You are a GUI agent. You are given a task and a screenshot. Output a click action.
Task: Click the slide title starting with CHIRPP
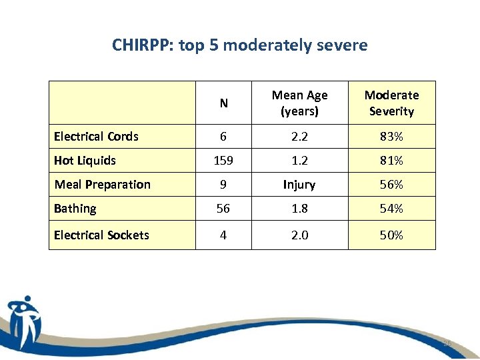click(x=240, y=45)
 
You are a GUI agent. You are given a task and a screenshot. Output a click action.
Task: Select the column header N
click(x=223, y=103)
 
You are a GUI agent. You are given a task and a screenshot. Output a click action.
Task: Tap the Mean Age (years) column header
click(x=299, y=103)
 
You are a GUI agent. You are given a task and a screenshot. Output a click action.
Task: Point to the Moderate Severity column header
click(x=391, y=103)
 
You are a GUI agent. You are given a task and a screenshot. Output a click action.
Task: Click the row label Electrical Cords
click(x=96, y=137)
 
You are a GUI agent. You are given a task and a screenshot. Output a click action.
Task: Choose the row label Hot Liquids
click(x=85, y=161)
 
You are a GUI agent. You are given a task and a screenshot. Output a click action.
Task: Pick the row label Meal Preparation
click(x=102, y=185)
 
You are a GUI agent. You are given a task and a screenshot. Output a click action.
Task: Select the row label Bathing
click(x=75, y=209)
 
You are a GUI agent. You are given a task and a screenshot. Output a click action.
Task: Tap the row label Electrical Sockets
click(x=101, y=235)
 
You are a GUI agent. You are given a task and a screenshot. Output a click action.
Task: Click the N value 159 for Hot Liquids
click(x=223, y=161)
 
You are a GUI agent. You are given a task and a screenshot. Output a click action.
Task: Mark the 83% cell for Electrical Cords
click(x=391, y=137)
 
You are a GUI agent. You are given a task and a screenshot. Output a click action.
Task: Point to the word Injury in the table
click(x=299, y=185)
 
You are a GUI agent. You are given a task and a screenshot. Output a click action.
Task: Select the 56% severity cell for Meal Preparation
click(x=391, y=185)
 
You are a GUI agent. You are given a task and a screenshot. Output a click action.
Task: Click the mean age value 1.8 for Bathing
click(x=299, y=209)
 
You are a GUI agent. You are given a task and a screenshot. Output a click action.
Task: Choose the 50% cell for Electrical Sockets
click(x=391, y=235)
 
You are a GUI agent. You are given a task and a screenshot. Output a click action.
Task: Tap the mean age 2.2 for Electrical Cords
click(x=299, y=137)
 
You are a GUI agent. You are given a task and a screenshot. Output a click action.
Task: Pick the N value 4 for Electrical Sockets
click(x=223, y=235)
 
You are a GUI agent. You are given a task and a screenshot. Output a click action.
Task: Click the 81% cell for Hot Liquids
click(x=391, y=161)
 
